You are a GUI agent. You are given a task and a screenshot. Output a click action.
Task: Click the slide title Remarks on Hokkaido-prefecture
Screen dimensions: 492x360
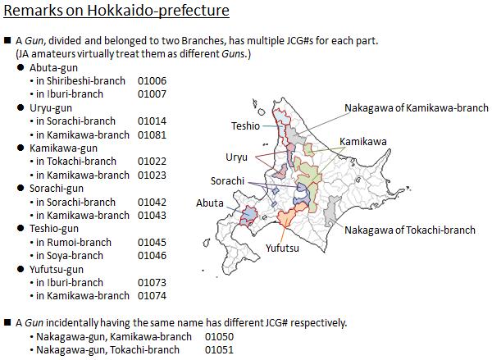(116, 11)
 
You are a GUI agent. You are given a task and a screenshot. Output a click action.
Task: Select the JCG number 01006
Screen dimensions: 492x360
(152, 81)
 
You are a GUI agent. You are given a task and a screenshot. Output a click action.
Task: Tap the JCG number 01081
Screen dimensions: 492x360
(152, 135)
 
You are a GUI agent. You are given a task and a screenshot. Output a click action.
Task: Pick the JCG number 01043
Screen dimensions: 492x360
(152, 216)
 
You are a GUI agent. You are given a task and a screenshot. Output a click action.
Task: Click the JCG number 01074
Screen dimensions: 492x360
(152, 296)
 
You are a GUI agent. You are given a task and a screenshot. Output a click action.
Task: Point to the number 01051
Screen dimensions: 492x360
(219, 349)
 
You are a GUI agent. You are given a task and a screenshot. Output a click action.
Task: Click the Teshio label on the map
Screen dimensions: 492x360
(246, 126)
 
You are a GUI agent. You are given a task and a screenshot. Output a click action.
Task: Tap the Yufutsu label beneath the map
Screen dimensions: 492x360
(282, 248)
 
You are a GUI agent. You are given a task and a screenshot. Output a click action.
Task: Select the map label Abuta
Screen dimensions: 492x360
(210, 203)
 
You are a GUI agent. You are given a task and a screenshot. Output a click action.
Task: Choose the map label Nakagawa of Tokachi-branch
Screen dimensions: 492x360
(410, 230)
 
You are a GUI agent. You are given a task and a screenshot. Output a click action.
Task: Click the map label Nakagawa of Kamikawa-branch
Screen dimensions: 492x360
(417, 108)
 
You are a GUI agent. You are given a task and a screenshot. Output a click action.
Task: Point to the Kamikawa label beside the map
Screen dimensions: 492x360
(362, 142)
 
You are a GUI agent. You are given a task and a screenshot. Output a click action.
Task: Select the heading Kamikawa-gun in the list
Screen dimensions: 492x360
(63, 148)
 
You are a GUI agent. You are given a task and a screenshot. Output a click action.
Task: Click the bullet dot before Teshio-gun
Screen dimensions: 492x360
(20, 229)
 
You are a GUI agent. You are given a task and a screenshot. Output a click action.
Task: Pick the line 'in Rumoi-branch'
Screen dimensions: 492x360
(74, 242)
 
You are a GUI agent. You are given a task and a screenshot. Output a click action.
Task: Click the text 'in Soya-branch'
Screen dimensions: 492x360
(70, 256)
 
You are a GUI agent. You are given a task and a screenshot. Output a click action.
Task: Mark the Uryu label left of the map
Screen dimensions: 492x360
(237, 157)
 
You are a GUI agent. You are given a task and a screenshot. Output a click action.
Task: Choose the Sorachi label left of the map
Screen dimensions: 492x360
(227, 181)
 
